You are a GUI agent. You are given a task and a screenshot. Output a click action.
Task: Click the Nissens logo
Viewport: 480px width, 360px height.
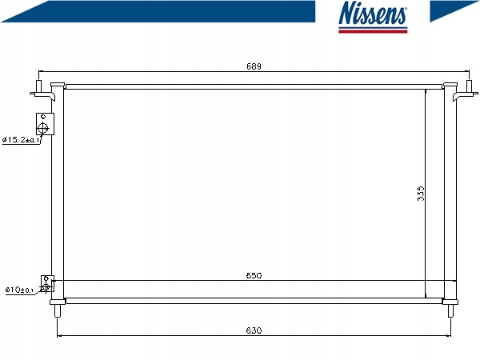pos(373,17)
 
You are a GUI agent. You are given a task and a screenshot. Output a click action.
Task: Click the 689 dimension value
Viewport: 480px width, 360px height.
pos(254,66)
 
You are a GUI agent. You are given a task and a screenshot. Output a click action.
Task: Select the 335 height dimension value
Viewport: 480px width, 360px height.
pos(421,194)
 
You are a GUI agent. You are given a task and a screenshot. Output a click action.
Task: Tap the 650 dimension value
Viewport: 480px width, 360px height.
pos(254,275)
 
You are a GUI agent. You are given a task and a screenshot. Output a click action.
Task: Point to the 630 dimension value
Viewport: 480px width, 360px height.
pos(254,330)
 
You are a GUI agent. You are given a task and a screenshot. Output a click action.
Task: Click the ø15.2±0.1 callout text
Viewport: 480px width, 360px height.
pos(21,140)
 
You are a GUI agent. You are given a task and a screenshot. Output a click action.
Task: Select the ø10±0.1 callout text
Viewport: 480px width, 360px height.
pos(19,290)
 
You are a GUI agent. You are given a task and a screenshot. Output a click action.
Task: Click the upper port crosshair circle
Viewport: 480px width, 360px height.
pos(43,128)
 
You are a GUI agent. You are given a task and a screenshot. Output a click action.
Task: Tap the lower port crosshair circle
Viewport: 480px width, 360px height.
pos(46,287)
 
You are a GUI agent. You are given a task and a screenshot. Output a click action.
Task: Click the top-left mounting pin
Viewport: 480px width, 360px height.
pos(39,86)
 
